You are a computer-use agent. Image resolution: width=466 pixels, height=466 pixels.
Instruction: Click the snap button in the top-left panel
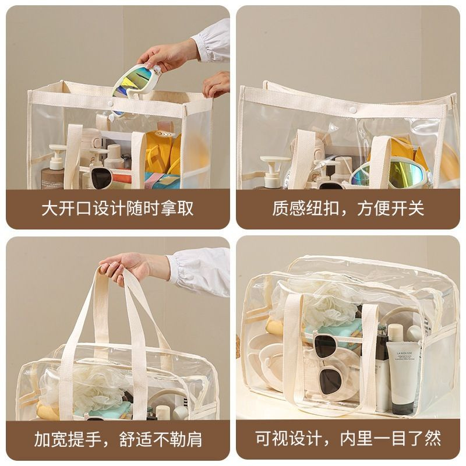110,104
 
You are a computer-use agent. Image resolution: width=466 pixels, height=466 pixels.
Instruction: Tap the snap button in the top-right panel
353,110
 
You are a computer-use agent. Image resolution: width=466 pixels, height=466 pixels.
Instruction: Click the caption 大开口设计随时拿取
118,209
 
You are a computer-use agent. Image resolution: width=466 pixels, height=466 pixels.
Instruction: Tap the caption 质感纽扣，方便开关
348,209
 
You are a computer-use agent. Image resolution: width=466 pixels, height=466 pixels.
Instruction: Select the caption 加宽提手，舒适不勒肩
118,439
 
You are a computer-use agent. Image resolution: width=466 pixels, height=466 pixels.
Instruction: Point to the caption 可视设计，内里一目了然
348,439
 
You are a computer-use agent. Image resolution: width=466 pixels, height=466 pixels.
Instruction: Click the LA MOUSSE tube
403,377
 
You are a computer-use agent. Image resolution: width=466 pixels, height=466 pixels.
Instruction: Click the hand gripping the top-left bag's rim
216,84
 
